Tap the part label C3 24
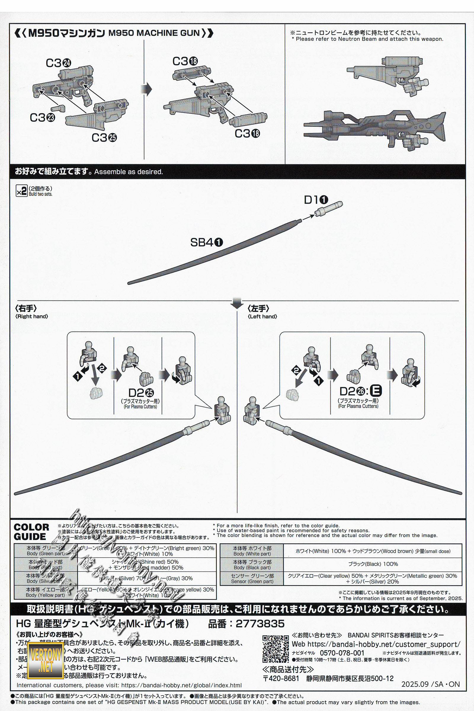58,63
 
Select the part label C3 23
42,118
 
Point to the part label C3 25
104,138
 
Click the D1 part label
316,200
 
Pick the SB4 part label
206,242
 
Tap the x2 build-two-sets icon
22,191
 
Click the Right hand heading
31,312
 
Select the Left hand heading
262,312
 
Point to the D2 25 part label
141,393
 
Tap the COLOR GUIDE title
31,532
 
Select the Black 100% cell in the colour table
373,564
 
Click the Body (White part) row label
252,551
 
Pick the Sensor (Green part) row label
252,579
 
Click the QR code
276,649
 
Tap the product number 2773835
260,624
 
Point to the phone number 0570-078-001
342,653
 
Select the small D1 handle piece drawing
328,209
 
